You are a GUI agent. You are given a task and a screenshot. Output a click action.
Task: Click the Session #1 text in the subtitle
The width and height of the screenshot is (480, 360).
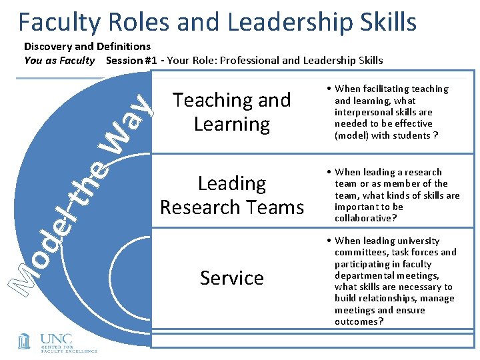pos(133,61)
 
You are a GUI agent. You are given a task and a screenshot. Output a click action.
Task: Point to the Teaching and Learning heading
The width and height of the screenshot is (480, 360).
pos(232,112)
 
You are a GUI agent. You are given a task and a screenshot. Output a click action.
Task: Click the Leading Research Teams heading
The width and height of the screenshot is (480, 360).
pos(232,195)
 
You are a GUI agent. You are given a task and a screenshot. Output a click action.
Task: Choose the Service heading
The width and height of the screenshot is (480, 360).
pos(232,277)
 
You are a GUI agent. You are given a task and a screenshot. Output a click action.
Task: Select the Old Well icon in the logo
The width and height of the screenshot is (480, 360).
pos(24,341)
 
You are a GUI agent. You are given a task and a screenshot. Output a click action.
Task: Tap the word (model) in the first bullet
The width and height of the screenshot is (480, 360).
pos(353,136)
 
